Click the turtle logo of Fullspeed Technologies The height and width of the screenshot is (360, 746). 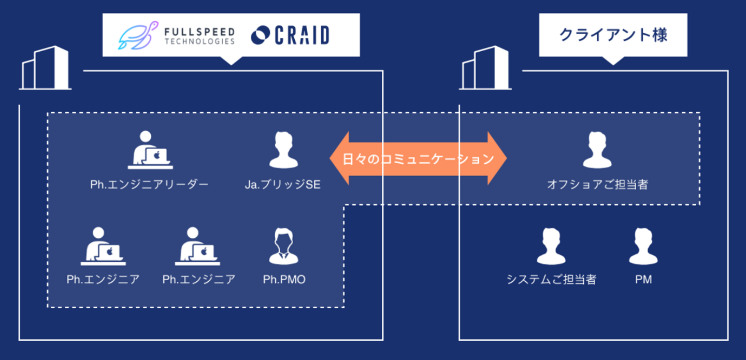point(138,35)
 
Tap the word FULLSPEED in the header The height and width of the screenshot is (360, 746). point(199,32)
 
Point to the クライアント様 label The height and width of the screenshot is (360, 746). point(613,35)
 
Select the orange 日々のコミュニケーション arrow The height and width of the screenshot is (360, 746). point(418,159)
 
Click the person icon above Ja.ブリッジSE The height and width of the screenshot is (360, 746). point(283,150)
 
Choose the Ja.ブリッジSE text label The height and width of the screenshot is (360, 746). point(283,184)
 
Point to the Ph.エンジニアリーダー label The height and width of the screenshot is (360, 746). point(149,184)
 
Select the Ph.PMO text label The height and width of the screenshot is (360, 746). point(284,280)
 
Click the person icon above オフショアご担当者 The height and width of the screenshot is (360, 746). point(597,150)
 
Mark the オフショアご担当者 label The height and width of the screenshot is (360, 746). point(597,184)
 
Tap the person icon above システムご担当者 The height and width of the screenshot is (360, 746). point(551,246)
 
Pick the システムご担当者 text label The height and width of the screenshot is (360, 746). point(551,280)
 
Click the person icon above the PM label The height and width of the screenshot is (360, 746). point(643,246)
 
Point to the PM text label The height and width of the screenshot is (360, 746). point(643,280)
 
